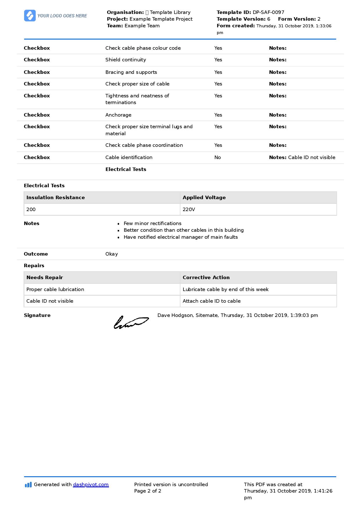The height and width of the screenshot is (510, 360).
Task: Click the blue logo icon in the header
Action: (30, 16)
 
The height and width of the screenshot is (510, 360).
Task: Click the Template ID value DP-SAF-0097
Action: (268, 12)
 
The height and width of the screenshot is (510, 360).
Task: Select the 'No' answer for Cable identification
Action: (218, 157)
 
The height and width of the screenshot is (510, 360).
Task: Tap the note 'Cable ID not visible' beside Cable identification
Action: (311, 157)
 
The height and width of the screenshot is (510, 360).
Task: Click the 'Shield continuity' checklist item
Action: (126, 60)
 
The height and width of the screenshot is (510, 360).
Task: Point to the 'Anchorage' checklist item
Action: (118, 115)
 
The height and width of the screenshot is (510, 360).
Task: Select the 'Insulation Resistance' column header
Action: (55, 197)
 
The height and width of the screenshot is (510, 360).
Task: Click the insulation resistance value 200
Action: (31, 209)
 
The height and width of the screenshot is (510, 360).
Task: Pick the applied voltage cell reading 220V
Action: (189, 209)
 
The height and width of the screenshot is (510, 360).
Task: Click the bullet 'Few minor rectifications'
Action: (152, 223)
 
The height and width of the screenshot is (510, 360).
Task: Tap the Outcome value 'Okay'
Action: (112, 254)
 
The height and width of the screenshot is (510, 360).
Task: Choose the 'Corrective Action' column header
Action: (206, 277)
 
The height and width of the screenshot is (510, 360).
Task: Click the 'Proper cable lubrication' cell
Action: (55, 289)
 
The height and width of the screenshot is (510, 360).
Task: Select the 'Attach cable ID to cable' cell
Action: (212, 301)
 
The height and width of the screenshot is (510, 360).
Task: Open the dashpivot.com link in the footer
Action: (91, 484)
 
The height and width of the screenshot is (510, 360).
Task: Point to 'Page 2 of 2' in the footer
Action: (148, 491)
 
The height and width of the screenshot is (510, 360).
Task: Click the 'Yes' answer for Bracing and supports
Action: (218, 72)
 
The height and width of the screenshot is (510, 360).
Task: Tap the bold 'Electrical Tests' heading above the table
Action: (44, 186)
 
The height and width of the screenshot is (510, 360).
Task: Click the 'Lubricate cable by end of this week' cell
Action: (225, 289)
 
